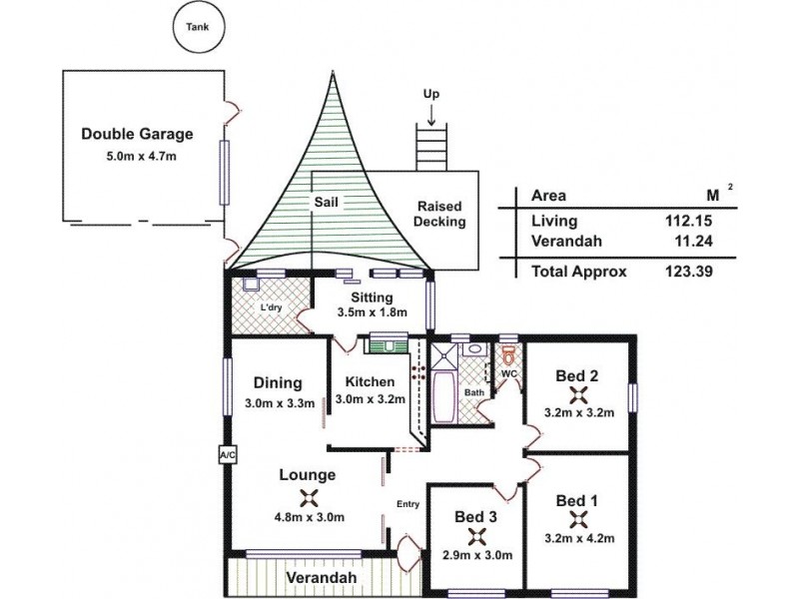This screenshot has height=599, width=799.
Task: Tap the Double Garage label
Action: point(137,134)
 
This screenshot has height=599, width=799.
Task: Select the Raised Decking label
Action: point(441,215)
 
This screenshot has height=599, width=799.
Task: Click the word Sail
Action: point(327,202)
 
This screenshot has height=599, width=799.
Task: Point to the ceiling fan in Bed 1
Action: point(577,519)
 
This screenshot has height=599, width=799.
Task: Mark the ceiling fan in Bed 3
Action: point(475,536)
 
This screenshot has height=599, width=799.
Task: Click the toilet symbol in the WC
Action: point(508,356)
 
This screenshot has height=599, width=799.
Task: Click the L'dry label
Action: point(271,307)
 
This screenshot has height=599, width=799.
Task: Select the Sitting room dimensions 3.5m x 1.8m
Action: point(372,312)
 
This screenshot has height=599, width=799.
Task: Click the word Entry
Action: point(408,504)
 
